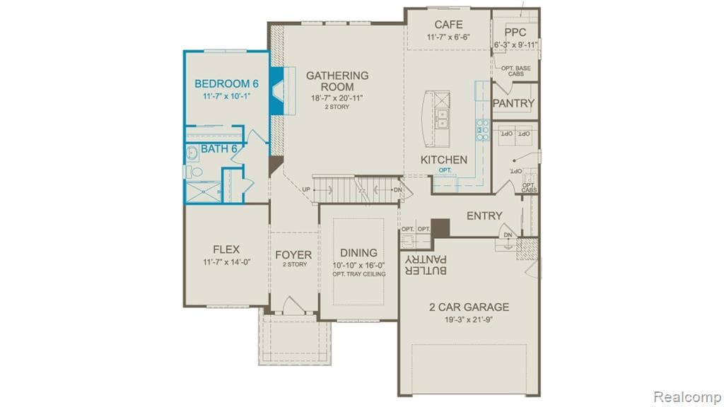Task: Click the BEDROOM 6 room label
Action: coord(227,83)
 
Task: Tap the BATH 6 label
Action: coord(219,148)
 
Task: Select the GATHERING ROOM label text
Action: coord(337,81)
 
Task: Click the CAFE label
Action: coord(448,25)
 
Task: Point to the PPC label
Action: coord(515,32)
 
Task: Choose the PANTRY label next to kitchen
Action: coord(513,104)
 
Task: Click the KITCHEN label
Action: coord(444,160)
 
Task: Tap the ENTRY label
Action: coord(484,216)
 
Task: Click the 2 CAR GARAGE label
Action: coord(469,307)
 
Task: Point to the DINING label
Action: coord(358,253)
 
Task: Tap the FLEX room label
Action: coord(226,249)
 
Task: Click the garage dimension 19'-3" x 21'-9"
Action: coord(469,319)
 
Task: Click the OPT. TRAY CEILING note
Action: coord(359,274)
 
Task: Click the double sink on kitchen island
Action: coord(443,120)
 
